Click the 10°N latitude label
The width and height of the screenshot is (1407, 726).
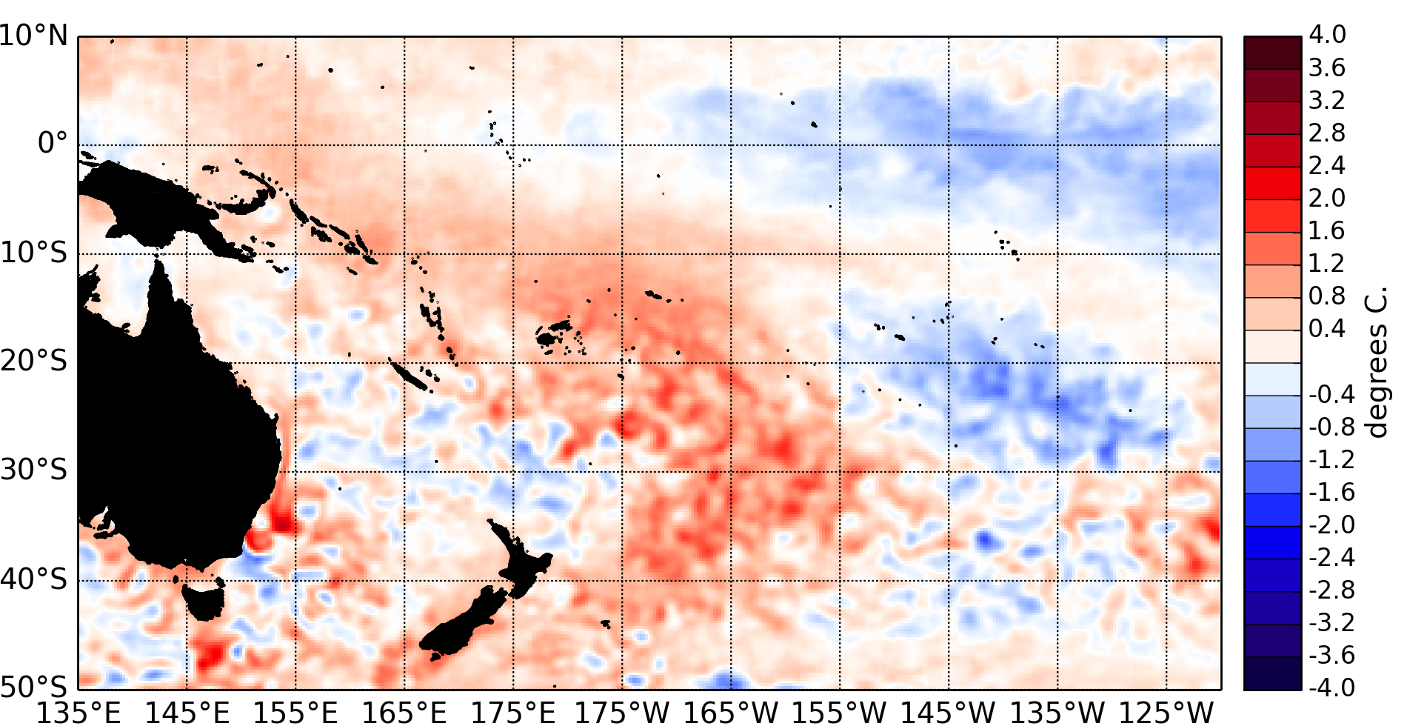pos(34,36)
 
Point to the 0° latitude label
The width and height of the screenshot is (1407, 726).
pos(52,143)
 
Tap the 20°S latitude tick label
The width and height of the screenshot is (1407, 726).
pos(34,362)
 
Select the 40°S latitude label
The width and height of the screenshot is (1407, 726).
pos(34,579)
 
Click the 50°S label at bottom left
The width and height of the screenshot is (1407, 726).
pos(34,687)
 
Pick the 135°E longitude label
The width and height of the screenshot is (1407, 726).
pos(78,713)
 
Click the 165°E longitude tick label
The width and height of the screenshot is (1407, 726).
pos(404,713)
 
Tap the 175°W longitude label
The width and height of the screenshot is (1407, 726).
pos(622,713)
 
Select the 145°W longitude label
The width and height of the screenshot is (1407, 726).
pos(949,713)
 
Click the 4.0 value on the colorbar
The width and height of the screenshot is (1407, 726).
pos(1327,35)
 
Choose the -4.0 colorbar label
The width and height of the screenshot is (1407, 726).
pos(1331,687)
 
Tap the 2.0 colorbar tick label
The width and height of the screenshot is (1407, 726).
pos(1327,198)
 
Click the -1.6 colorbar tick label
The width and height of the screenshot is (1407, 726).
pos(1331,492)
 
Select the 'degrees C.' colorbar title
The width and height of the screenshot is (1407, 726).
pos(1376,363)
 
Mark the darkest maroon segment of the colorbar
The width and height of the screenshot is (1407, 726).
pos(1272,53)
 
